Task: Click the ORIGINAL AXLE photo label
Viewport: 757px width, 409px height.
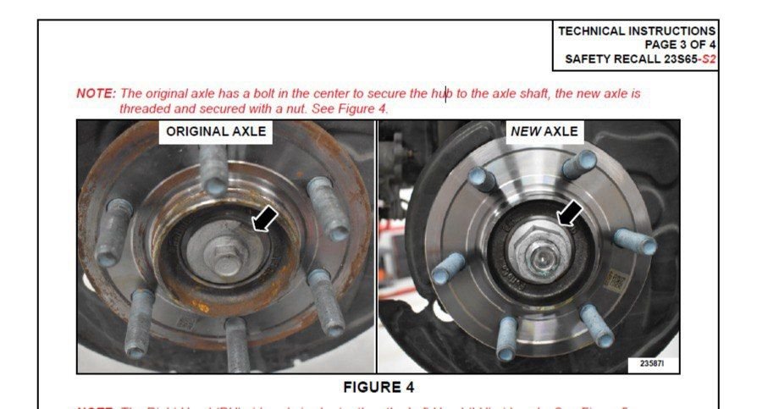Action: [216, 131]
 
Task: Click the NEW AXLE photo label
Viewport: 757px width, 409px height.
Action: [544, 131]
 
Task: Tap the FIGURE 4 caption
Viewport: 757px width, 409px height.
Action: [378, 387]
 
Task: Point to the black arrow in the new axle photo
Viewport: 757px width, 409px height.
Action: [570, 214]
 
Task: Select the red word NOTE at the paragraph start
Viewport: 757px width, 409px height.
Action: [96, 93]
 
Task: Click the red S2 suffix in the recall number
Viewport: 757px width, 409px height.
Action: [709, 60]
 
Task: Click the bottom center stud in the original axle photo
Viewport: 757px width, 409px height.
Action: [237, 343]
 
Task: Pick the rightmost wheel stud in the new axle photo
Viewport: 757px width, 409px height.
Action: [636, 241]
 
